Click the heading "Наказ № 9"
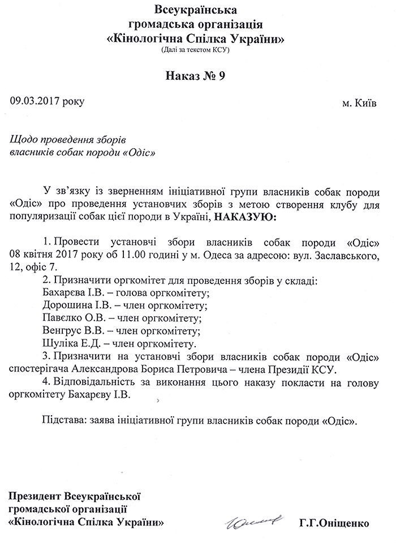[x=196, y=77]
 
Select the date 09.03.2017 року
[x=47, y=101]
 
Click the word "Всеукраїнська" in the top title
[x=196, y=10]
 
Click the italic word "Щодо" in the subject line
[x=23, y=139]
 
